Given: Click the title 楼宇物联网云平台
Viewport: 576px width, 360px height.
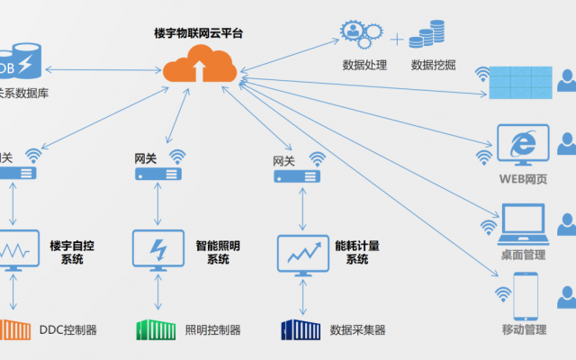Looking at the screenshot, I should click(198, 33).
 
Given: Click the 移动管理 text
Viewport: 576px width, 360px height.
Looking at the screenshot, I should click(523, 330).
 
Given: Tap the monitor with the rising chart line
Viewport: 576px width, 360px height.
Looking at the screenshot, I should click(302, 252).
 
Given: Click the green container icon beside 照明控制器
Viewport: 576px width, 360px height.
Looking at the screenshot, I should click(156, 330).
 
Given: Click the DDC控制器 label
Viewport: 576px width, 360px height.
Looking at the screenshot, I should click(68, 330).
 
